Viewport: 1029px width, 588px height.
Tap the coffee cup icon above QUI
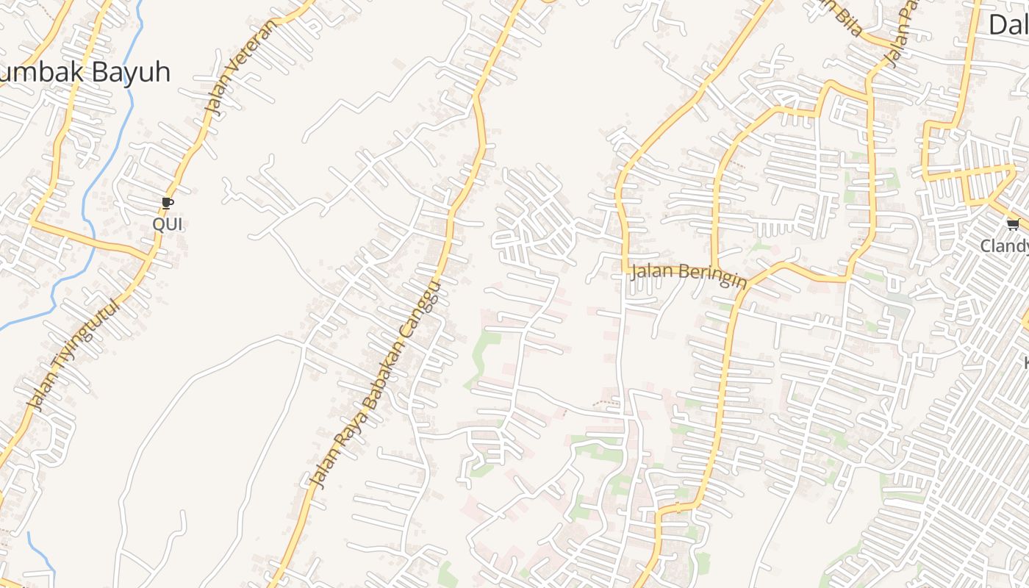point(168,202)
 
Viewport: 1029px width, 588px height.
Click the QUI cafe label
point(168,224)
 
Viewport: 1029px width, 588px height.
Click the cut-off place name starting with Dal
point(1008,25)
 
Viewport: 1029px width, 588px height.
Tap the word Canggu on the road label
point(426,309)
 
